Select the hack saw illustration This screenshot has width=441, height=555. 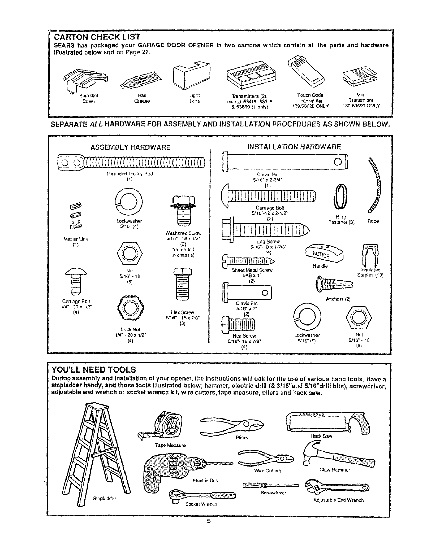click(x=327, y=423)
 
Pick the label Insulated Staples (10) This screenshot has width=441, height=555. click(x=370, y=272)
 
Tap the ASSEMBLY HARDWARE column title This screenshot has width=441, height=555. click(x=130, y=147)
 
